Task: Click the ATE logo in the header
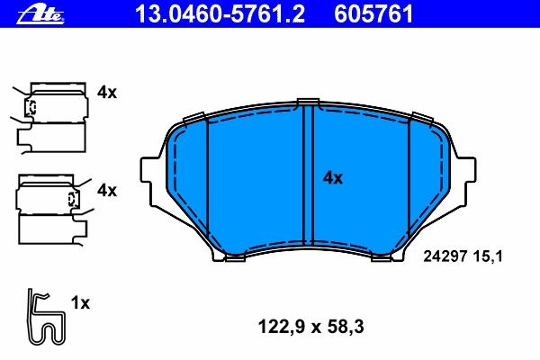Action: (40, 14)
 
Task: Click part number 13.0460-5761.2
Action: (220, 14)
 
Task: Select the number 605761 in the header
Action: (373, 14)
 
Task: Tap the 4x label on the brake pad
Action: (333, 178)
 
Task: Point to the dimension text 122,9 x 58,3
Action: (310, 327)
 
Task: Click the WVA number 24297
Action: (445, 256)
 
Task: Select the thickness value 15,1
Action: (488, 256)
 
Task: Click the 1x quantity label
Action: (80, 303)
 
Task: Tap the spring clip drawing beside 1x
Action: (46, 317)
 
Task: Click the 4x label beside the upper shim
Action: (107, 93)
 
